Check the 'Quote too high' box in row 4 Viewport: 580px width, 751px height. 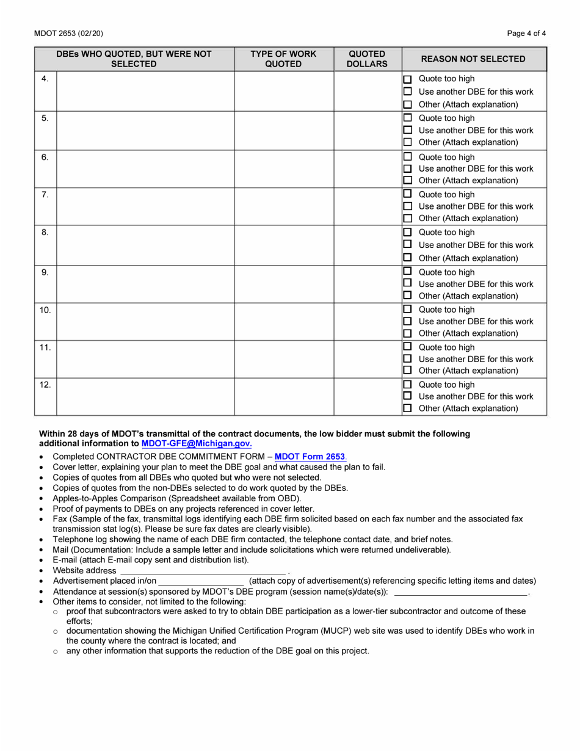[408, 79]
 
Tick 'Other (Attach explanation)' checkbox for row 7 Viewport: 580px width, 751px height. [408, 219]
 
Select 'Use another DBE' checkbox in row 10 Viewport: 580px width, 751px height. [408, 322]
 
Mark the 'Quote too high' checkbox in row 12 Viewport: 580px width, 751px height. [408, 385]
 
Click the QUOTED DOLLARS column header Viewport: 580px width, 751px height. [367, 59]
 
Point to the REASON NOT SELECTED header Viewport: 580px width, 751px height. [473, 59]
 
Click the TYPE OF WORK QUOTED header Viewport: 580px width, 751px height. [283, 59]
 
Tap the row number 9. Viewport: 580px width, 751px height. [45, 272]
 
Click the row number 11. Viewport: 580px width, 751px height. [45, 347]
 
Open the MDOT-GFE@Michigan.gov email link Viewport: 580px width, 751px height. [196, 444]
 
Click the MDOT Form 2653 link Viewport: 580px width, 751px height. [310, 457]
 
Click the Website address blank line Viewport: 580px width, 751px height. [202, 570]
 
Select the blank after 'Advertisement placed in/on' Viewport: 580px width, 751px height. [201, 581]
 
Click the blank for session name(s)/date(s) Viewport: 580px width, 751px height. [460, 592]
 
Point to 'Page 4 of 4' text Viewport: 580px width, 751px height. [526, 34]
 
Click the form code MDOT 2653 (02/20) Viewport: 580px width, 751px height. [69, 34]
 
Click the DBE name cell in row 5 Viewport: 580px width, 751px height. [145, 129]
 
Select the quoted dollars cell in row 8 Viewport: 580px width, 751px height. [367, 244]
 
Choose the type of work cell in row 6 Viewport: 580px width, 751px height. [283, 168]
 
